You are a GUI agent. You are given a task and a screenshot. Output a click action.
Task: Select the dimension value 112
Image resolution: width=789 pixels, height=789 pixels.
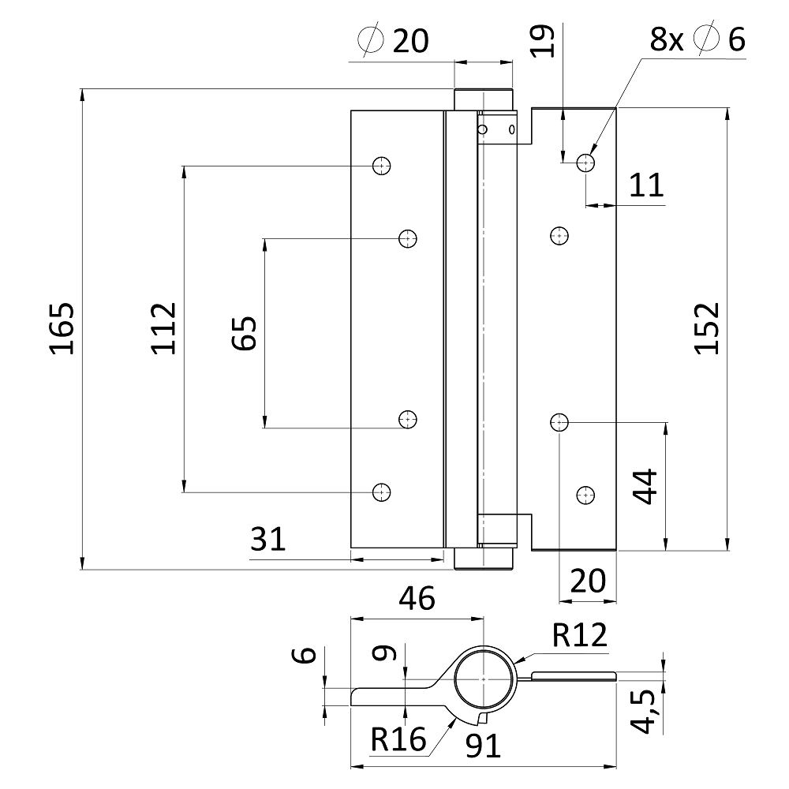(163, 327)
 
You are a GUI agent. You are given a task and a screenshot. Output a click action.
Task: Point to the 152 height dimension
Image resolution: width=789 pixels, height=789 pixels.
(708, 327)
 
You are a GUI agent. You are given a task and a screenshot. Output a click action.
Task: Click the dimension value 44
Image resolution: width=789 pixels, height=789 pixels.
(645, 487)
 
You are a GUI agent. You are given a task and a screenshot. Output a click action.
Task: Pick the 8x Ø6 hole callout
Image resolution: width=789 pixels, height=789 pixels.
(697, 39)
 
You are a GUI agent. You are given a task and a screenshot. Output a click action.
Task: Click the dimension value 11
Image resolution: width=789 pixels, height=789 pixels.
(646, 185)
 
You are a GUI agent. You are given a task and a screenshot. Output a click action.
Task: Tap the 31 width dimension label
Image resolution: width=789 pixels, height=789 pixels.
(267, 540)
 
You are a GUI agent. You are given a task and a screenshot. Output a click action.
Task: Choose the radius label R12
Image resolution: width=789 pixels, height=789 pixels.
(580, 635)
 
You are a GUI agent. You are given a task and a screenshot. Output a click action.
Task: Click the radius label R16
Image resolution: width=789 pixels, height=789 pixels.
(398, 739)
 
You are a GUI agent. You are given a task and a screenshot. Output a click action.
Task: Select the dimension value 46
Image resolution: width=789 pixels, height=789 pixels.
(416, 600)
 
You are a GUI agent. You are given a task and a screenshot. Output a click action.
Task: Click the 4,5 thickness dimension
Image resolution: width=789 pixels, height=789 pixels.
(646, 712)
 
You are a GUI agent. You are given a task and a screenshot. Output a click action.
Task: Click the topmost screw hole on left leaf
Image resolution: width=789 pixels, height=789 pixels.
(382, 166)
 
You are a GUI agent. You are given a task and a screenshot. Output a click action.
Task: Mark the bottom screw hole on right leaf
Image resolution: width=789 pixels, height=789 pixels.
(585, 495)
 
